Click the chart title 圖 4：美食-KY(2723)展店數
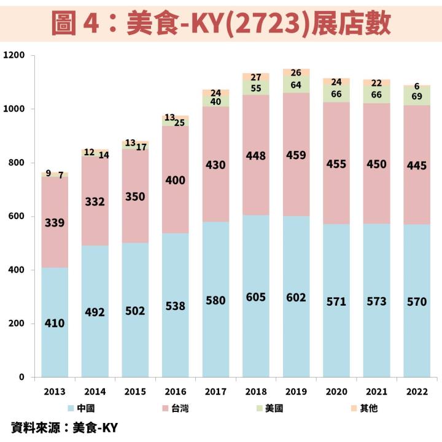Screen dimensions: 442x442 [x=221, y=23]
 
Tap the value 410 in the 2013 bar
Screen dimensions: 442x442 [x=55, y=323]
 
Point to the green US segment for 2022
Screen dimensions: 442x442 [x=417, y=96]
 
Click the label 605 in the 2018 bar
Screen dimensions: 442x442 [x=256, y=297]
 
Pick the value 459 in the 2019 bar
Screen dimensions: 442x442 [x=296, y=155]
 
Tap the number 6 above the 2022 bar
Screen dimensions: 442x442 [x=417, y=87]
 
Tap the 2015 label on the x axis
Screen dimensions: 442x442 [x=135, y=391]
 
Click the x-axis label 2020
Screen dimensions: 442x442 [x=336, y=391]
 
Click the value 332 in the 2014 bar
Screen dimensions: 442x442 [x=95, y=201]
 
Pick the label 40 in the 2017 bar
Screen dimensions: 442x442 [x=215, y=102]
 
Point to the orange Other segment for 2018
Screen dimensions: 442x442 [x=256, y=77]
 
